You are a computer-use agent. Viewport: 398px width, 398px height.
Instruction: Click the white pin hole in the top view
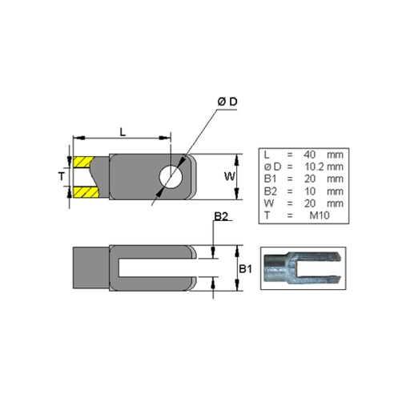[171, 177]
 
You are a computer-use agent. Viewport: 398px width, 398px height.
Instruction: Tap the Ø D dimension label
[227, 102]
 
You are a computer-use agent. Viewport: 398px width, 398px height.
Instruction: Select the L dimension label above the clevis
[123, 132]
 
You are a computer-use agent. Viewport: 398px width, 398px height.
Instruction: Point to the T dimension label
[62, 176]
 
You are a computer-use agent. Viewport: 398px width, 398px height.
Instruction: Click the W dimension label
[230, 176]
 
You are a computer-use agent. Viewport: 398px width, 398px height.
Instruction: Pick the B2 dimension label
[221, 216]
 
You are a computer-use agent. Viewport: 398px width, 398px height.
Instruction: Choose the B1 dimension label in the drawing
[245, 269]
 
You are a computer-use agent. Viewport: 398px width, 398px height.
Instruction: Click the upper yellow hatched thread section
[83, 162]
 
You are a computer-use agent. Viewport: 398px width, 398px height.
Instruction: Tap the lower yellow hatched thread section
[86, 192]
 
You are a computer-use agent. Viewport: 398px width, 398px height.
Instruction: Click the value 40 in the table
[309, 155]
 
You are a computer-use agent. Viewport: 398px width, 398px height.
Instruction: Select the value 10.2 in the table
[314, 167]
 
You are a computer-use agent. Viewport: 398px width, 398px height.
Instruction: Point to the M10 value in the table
[320, 215]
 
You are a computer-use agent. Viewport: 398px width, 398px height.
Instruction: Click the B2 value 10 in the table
[310, 191]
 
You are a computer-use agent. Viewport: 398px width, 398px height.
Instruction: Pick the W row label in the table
[269, 203]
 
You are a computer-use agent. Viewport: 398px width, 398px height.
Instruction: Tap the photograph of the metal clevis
[303, 268]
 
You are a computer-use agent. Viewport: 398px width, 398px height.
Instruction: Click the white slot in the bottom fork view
[158, 267]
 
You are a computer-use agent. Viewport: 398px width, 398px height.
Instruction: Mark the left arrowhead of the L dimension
[79, 138]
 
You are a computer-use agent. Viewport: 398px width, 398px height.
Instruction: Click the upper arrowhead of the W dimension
[236, 160]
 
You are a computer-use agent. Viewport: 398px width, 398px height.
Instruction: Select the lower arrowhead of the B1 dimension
[236, 285]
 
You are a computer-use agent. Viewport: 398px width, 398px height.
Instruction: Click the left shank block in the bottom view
[91, 267]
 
